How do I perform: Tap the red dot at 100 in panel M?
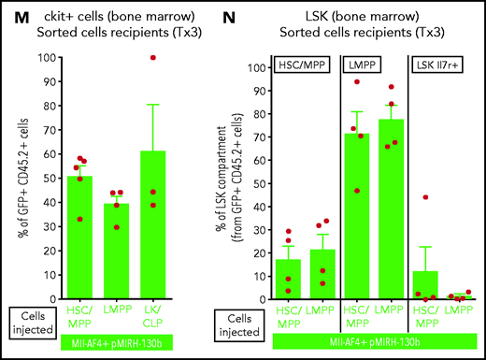click(x=197, y=58)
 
